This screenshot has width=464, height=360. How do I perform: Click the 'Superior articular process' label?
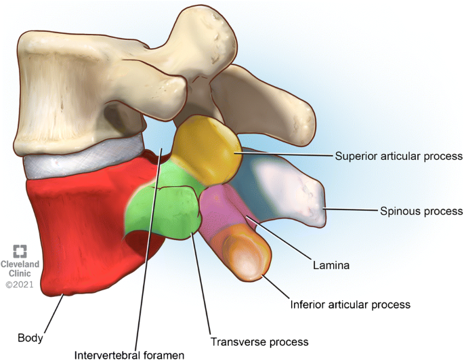399,156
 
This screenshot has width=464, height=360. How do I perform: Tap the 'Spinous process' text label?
420,212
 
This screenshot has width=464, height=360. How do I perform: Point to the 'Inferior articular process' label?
350,304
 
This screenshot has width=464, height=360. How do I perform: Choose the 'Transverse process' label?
259,342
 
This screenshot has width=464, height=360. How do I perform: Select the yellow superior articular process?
207,146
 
